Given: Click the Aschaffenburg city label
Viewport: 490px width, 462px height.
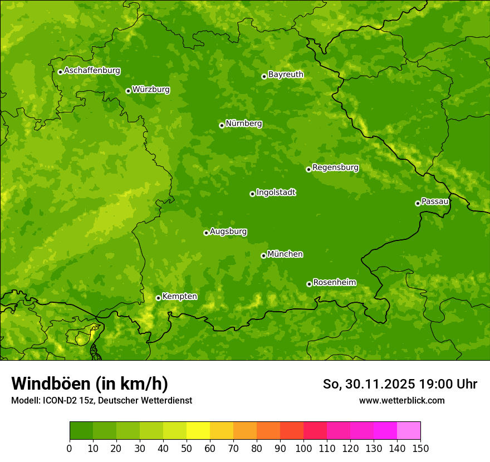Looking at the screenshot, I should click(92, 71).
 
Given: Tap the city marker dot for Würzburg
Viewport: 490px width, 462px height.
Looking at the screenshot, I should click(128, 91).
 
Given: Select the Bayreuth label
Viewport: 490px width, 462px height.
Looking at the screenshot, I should click(286, 75).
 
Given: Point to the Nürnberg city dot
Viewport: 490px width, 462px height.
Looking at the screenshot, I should click(222, 125).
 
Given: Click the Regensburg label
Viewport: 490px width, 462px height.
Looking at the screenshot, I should click(335, 168).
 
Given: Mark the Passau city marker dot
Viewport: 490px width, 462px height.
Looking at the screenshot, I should click(418, 203).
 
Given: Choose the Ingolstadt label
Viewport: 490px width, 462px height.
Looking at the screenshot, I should click(276, 193).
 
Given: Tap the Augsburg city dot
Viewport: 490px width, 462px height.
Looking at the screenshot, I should click(206, 233).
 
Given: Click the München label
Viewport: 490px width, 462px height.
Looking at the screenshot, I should click(285, 254).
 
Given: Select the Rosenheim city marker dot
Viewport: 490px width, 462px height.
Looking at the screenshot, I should click(309, 284).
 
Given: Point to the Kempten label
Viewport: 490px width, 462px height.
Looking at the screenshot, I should click(179, 297).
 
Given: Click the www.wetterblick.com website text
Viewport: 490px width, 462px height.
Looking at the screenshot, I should click(401, 400).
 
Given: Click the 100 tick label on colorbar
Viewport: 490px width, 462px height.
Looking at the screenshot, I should click(303, 448).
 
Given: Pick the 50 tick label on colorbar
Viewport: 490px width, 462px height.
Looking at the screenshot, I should click(187, 448).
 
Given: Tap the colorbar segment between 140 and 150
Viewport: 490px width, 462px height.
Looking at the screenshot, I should click(409, 431).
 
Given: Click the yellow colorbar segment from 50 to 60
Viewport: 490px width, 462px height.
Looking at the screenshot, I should click(198, 431).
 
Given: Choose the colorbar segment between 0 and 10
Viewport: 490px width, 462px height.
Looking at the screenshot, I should click(81, 431).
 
